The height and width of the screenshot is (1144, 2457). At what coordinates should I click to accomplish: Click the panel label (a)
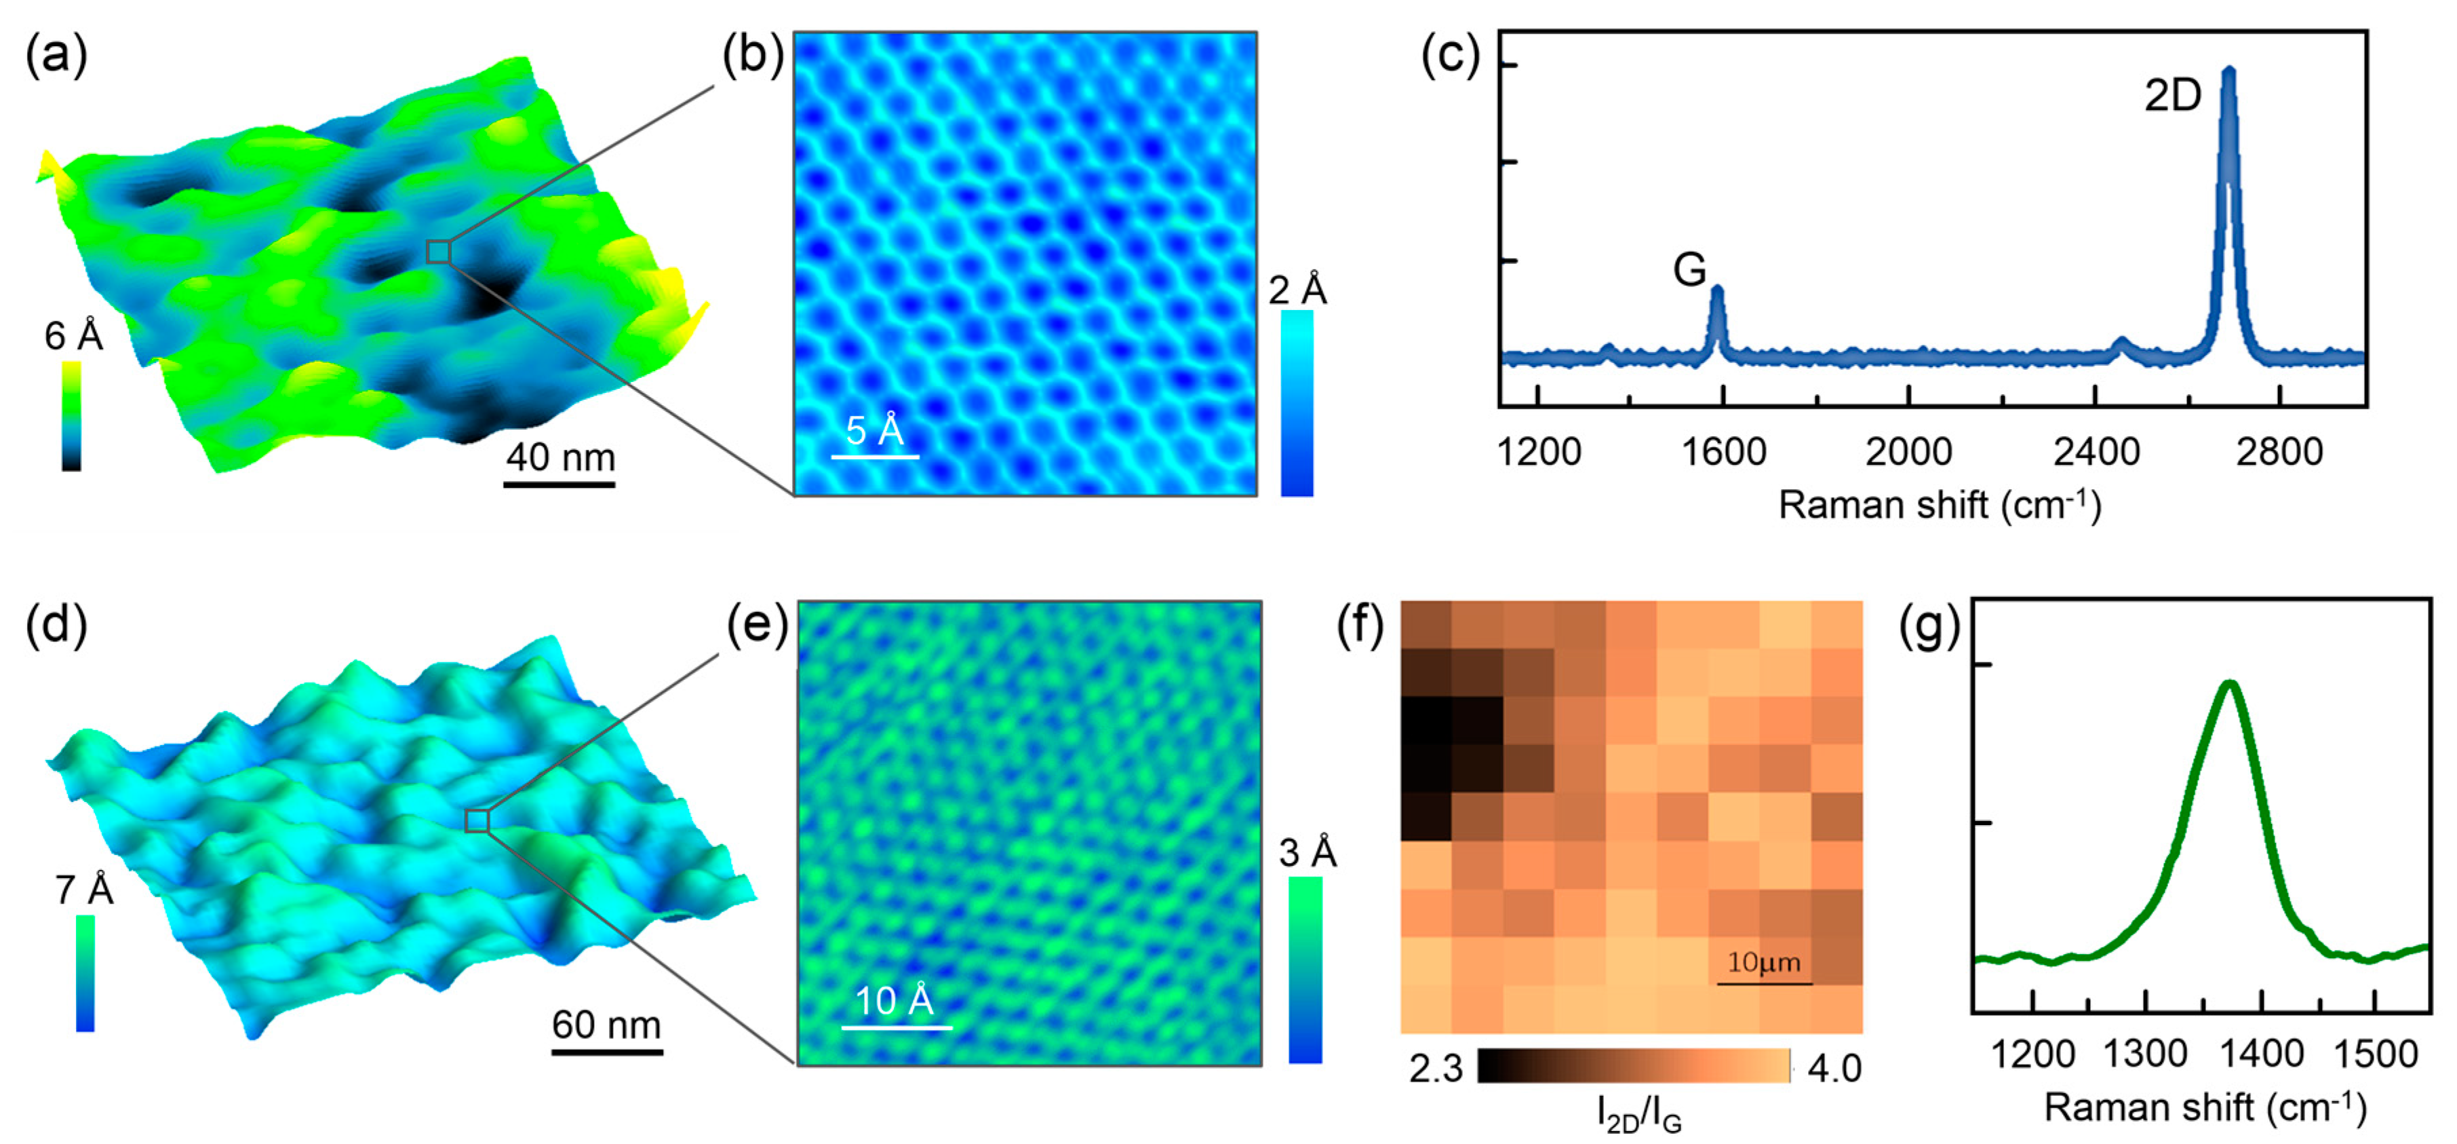[56, 56]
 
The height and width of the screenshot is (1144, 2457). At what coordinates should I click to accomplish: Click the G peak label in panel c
[1689, 270]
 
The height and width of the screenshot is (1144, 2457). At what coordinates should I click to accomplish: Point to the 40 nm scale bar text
[560, 458]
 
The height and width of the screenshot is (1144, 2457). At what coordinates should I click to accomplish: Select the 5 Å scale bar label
[873, 432]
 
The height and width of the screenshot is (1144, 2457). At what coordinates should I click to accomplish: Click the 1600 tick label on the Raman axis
[1723, 451]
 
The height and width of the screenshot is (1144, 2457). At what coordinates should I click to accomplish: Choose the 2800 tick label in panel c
[2279, 451]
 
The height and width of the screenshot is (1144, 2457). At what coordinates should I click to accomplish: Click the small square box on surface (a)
[438, 252]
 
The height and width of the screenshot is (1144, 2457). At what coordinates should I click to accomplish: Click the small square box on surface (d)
[477, 820]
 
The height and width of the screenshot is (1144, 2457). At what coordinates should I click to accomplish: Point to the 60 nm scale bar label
[606, 1025]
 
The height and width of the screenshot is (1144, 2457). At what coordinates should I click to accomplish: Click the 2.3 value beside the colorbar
[1436, 1069]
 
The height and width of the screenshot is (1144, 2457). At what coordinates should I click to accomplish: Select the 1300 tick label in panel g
[2145, 1054]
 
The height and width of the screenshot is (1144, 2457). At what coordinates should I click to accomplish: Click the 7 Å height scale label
[84, 890]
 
